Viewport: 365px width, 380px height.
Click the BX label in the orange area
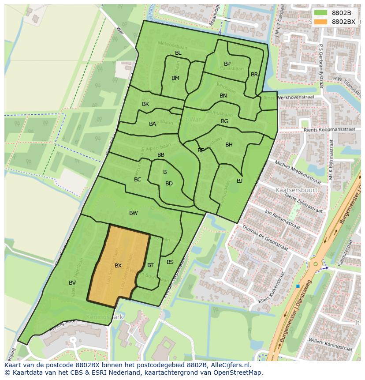pyautogui.click(x=118, y=266)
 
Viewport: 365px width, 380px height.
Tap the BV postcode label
pyautogui.click(x=72, y=282)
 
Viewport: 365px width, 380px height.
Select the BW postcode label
pyautogui.click(x=133, y=213)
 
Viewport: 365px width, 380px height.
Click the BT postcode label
pyautogui.click(x=150, y=265)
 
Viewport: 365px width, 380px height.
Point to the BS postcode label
pyautogui.click(x=170, y=262)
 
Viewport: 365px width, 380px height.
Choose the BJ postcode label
pyautogui.click(x=239, y=181)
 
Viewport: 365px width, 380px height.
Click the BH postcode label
pyautogui.click(x=229, y=145)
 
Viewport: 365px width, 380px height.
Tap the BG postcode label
pyautogui.click(x=224, y=121)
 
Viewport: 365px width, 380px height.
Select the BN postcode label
pyautogui.click(x=223, y=96)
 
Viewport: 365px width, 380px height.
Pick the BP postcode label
pyautogui.click(x=227, y=64)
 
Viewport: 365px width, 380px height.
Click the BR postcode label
pyautogui.click(x=254, y=75)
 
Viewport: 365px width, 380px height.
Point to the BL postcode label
pyautogui.click(x=178, y=53)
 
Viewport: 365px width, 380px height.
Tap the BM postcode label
pyautogui.click(x=175, y=78)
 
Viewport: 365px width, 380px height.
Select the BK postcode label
pyautogui.click(x=145, y=104)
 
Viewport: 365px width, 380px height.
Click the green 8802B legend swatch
pyautogui.click(x=320, y=13)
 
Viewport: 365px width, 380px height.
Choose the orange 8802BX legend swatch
pyautogui.click(x=320, y=22)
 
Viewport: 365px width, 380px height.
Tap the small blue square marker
pyautogui.click(x=298, y=286)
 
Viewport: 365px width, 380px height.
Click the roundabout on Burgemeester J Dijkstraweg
pyautogui.click(x=315, y=264)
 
